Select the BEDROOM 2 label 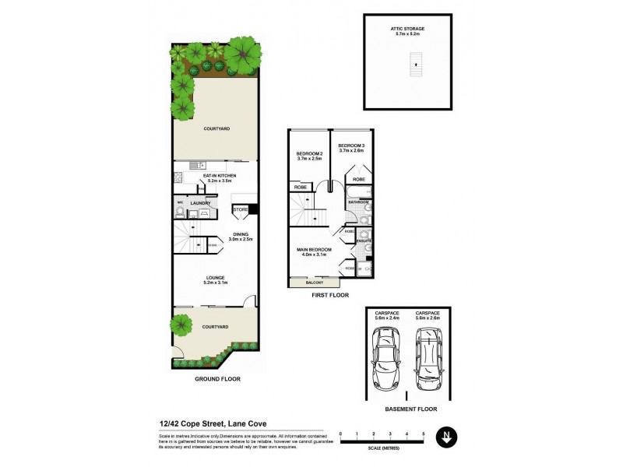[x=309, y=154]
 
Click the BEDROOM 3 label [x=351, y=146]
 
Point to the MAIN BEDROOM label [x=315, y=249]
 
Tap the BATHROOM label [x=358, y=202]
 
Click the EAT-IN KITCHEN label [x=220, y=177]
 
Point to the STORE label [x=241, y=209]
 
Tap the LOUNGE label [x=215, y=277]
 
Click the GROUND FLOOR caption [x=217, y=379]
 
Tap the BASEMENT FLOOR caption [x=411, y=409]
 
